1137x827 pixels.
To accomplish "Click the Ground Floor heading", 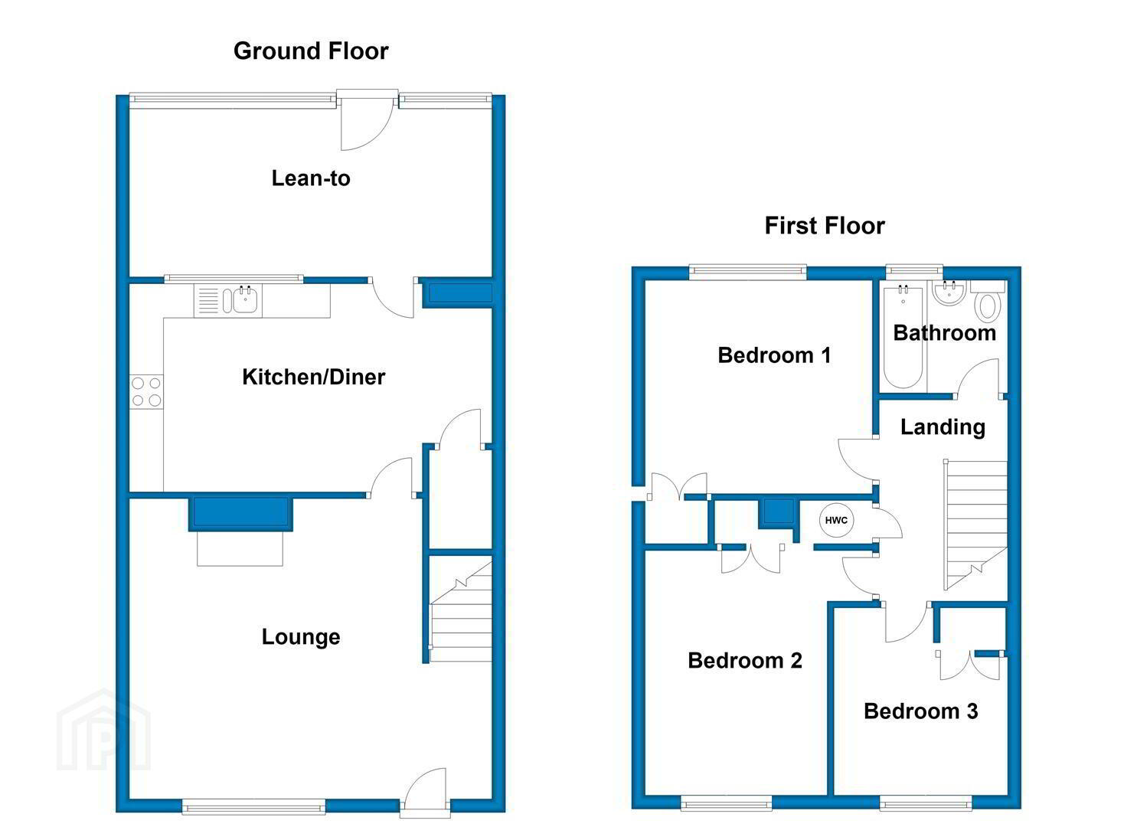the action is coord(311,51).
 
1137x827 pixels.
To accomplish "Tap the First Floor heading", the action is coord(825,226).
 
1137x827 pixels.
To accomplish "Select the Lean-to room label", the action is coord(311,178).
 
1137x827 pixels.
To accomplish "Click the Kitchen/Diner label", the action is coord(314,378).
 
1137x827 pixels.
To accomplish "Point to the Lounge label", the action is coord(300,637).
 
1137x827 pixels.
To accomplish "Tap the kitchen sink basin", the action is coord(246,300).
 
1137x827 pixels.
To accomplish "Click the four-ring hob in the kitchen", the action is coord(146,391).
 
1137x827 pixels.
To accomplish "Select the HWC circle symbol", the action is coord(836,520).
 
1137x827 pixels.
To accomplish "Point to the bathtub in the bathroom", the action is coord(903,337).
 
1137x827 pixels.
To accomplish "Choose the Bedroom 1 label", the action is coord(774,355).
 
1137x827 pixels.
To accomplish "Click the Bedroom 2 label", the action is coord(745,661).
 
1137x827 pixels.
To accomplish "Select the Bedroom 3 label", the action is coord(920,711).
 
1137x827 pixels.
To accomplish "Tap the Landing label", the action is coord(943,427).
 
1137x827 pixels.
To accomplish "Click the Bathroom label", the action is coord(944,333).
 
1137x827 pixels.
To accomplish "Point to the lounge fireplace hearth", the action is coord(240,548).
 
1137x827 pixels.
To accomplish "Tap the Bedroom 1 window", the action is coord(748,272).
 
